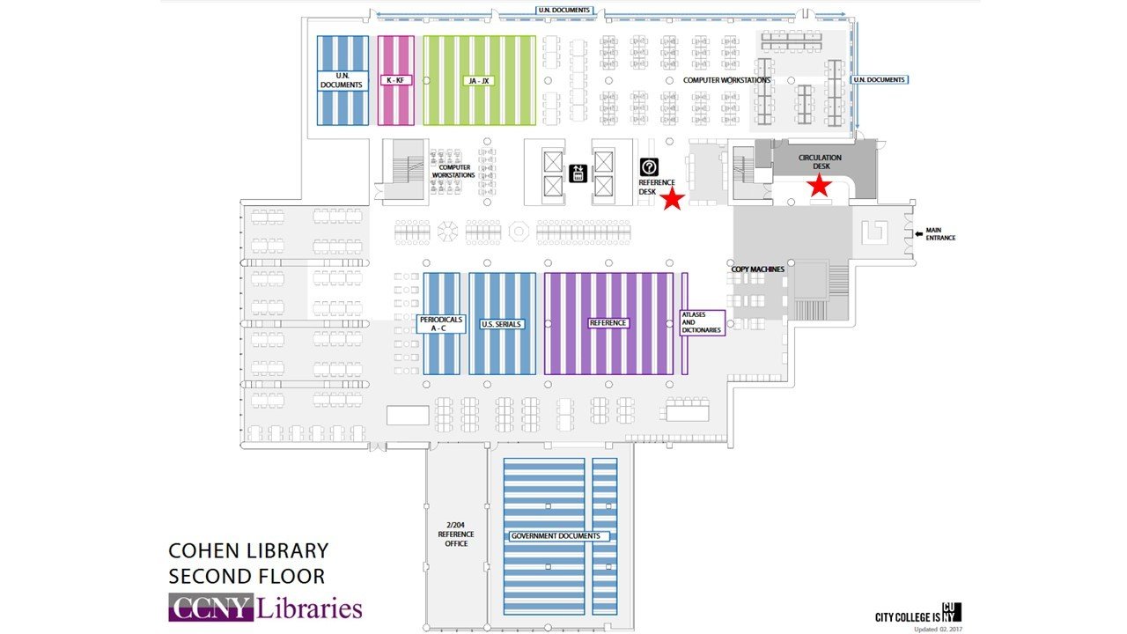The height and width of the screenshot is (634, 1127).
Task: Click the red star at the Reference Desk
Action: [673, 199]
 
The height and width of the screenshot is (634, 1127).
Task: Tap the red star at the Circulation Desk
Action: [820, 185]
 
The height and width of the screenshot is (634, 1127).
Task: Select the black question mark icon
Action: [650, 166]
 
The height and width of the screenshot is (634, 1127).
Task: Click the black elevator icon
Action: [578, 173]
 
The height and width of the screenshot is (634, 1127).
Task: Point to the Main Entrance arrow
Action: [920, 233]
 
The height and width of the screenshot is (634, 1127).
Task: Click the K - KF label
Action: [395, 80]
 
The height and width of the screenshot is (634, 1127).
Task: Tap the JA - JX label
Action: [479, 80]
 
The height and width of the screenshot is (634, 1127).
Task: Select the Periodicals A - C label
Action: [440, 323]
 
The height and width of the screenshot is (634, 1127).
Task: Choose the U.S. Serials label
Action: [502, 324]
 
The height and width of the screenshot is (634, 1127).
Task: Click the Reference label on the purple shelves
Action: [608, 323]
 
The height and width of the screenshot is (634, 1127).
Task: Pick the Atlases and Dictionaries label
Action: [702, 322]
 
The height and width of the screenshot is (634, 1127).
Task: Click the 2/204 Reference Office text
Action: [455, 534]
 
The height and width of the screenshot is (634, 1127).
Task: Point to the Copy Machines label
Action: [757, 269]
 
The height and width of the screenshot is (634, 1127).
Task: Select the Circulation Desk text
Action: [820, 161]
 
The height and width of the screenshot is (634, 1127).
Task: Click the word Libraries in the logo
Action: [309, 608]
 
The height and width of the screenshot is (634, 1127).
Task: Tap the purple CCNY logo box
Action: [211, 608]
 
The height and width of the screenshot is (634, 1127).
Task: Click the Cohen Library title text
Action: [248, 551]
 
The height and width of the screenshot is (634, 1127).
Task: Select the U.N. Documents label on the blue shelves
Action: [342, 80]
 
